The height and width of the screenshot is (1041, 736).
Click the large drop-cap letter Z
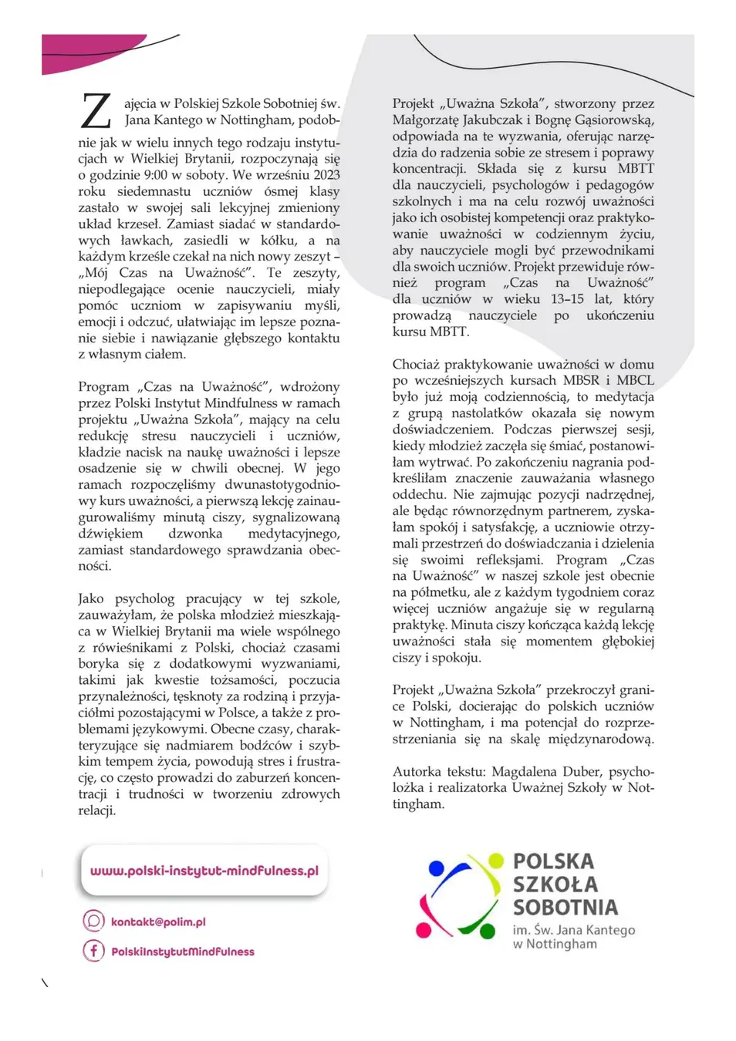point(96,111)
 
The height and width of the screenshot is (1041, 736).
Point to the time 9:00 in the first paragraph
point(154,175)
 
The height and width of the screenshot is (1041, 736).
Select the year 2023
point(326,175)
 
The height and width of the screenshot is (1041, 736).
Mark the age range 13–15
point(567,299)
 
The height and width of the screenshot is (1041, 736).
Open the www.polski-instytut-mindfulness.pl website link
point(204,871)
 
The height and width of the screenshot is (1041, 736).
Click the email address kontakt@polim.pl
point(158,922)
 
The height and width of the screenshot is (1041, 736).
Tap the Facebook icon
point(93,951)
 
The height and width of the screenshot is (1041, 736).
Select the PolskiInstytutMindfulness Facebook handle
point(182,952)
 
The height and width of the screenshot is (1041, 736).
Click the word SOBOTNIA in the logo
point(566,908)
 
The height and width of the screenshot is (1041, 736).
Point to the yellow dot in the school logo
point(496,861)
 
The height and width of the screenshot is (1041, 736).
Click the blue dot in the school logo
point(436,869)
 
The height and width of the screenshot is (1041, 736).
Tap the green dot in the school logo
point(488,932)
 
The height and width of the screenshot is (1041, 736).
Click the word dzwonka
point(195,534)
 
